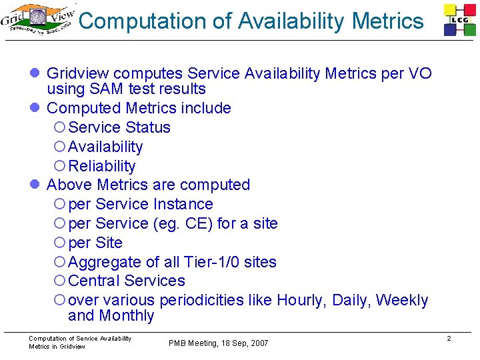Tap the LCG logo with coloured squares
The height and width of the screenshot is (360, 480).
coord(461,20)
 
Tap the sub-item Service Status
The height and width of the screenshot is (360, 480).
coord(119,127)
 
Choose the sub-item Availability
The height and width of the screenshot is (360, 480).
coord(105,147)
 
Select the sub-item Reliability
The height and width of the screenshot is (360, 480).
coord(102,166)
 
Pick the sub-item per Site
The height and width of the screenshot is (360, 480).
coord(95,243)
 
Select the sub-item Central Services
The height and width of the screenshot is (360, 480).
coord(127,281)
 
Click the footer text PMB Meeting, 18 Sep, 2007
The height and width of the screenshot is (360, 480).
coord(219,343)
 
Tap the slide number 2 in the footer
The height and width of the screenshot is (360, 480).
coord(449,339)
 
